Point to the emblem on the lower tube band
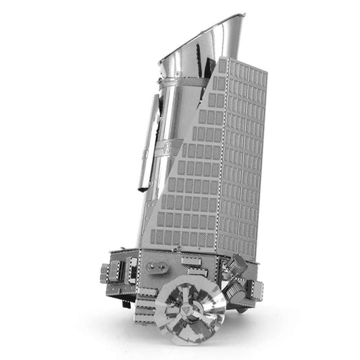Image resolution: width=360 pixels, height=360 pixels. coord(167,148)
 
